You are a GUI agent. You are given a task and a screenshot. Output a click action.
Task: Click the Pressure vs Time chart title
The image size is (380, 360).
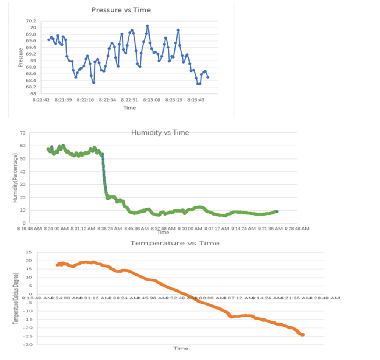click(121, 10)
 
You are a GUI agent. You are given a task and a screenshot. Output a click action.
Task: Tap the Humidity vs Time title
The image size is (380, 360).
click(160, 133)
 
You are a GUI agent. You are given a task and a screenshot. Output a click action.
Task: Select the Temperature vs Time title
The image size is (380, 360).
click(174, 243)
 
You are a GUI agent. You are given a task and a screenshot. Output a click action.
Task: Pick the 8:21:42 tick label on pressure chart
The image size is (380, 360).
click(41, 100)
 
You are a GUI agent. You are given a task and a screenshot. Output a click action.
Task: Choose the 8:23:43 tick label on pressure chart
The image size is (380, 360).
click(196, 100)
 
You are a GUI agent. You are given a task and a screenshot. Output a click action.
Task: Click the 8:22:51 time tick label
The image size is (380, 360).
click(129, 100)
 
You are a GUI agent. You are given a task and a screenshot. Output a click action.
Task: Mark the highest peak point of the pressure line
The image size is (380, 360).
click(147, 26)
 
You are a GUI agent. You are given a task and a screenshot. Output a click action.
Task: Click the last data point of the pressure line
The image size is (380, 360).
click(208, 77)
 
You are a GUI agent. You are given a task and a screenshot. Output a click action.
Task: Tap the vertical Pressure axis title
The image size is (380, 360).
click(21, 57)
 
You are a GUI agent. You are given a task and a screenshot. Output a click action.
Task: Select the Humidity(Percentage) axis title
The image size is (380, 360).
click(16, 178)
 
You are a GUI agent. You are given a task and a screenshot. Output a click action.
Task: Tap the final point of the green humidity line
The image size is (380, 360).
click(277, 211)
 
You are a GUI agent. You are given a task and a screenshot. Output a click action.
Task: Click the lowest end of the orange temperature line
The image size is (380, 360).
click(303, 335)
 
